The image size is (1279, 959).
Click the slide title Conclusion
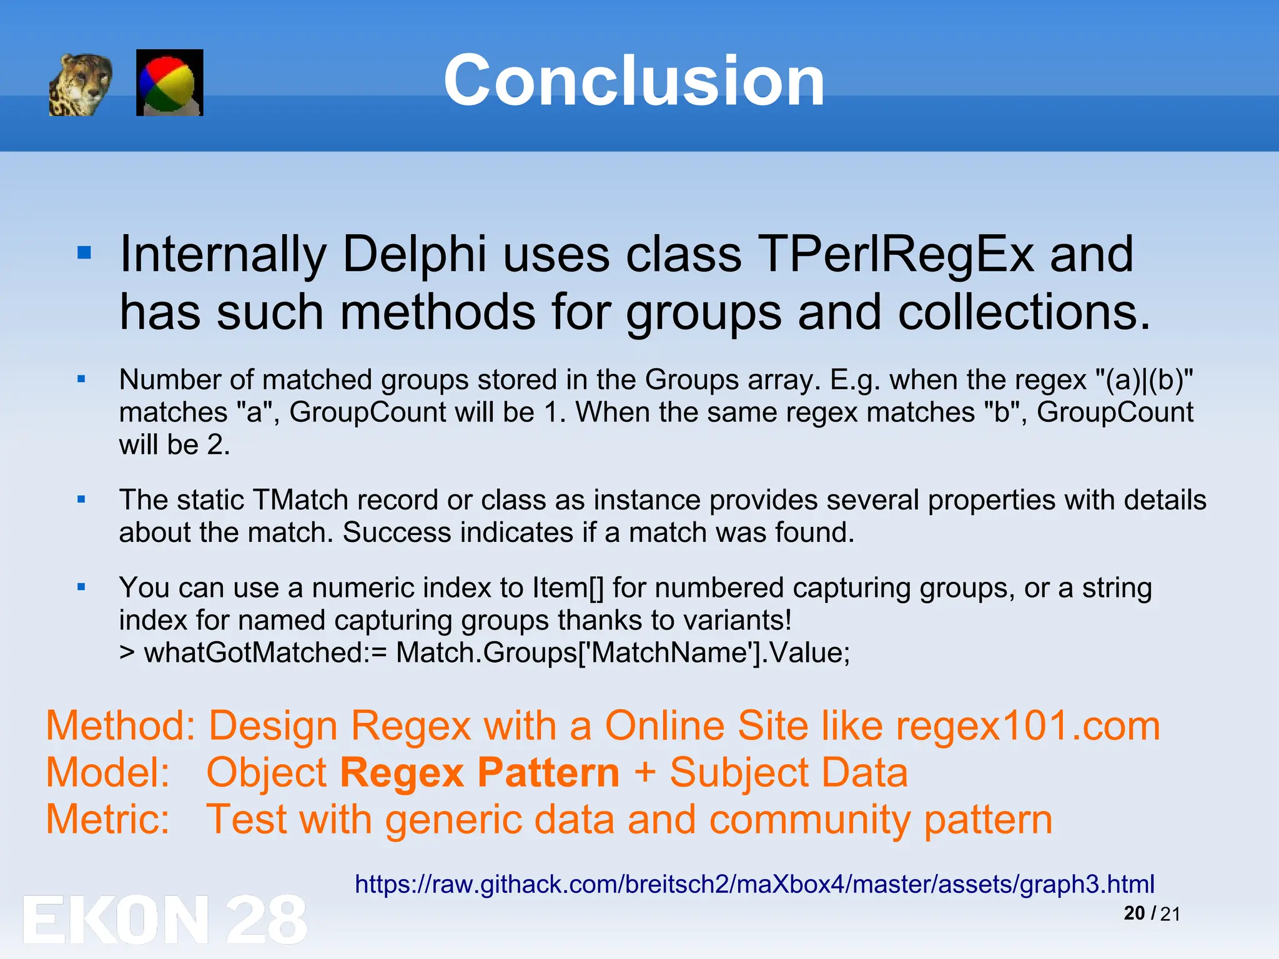(634, 81)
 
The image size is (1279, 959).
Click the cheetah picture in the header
(81, 84)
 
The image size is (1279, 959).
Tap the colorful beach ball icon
(169, 83)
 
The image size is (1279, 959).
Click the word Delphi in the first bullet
(414, 255)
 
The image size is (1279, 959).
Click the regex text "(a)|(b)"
(1144, 380)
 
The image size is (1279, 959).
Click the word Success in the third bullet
(396, 533)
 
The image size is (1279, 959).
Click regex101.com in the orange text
(1027, 726)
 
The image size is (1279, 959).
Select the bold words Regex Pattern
(480, 773)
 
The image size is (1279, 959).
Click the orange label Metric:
(107, 819)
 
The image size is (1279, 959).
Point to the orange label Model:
(107, 773)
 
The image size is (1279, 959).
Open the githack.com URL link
(754, 884)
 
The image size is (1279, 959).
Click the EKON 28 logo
(165, 919)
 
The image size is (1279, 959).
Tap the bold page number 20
(1134, 913)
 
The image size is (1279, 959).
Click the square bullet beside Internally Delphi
(84, 253)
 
